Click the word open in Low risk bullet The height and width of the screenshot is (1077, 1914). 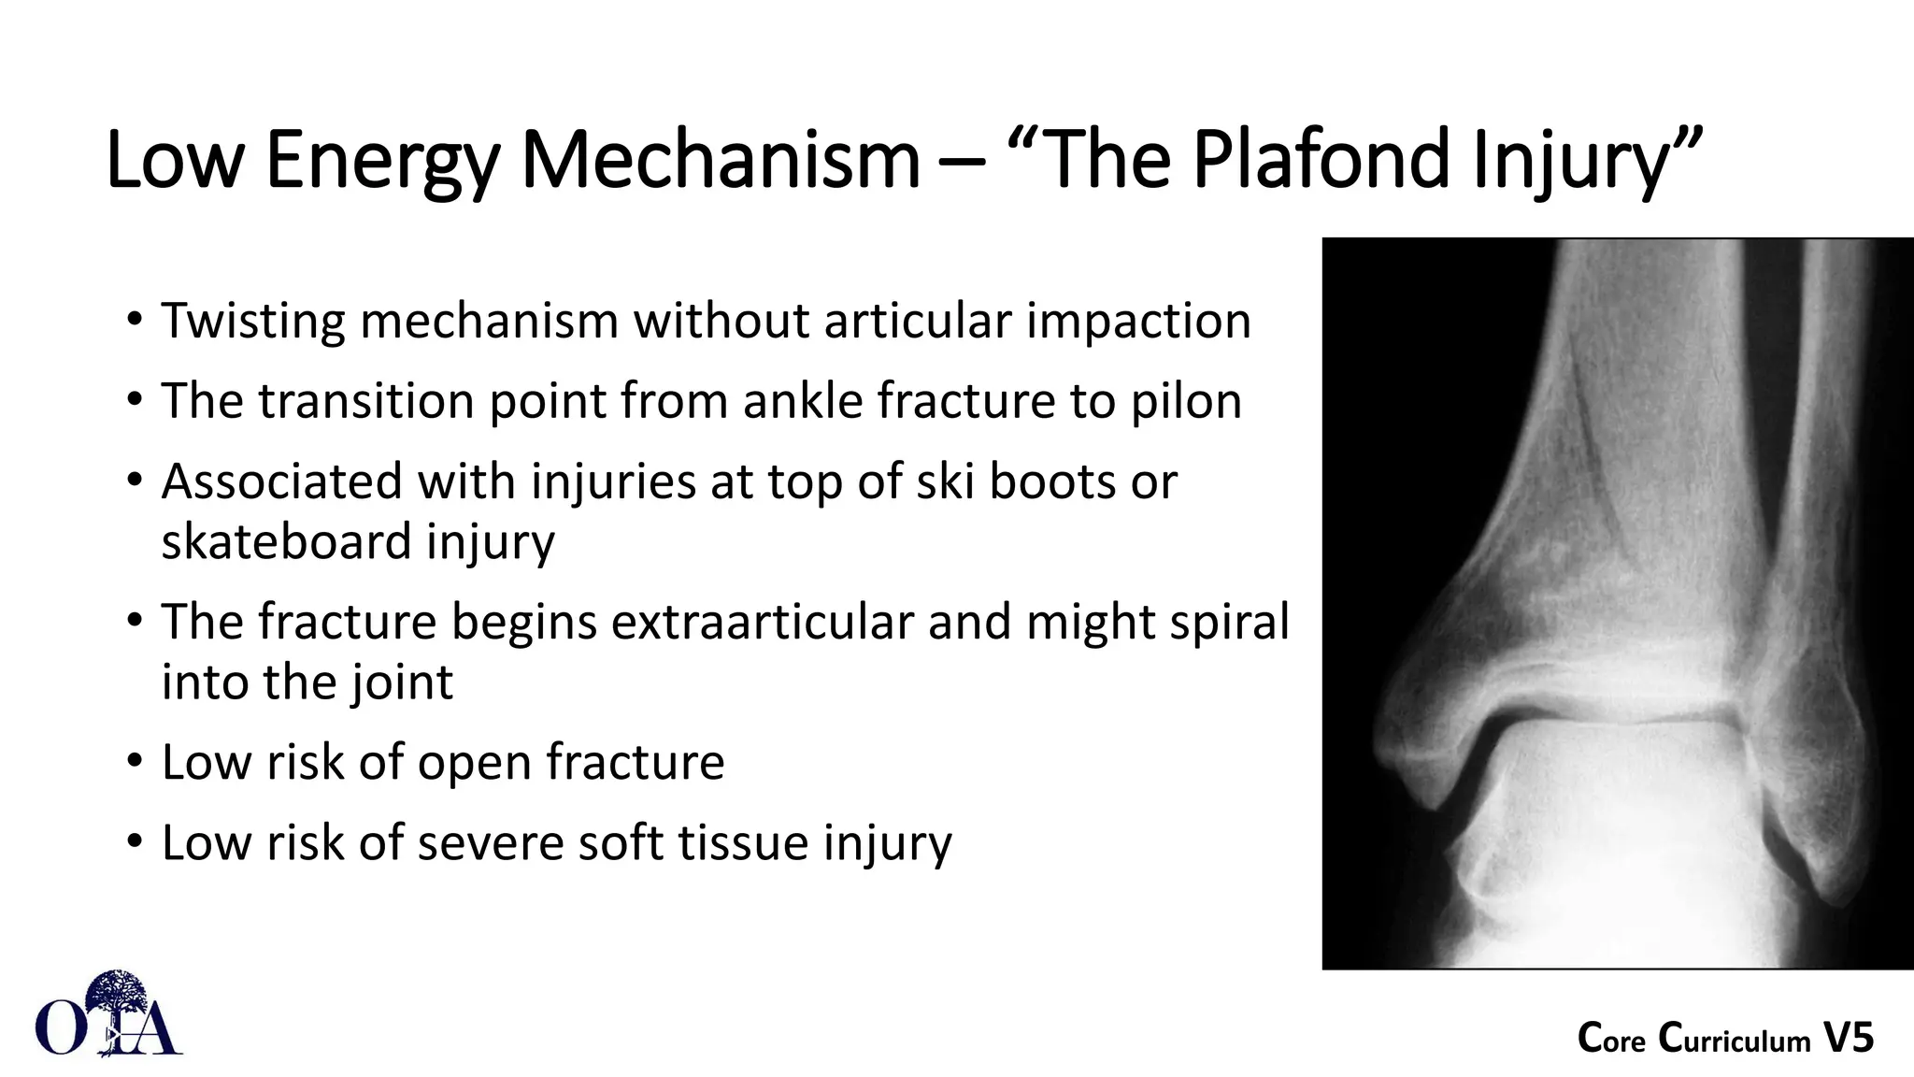[x=474, y=762]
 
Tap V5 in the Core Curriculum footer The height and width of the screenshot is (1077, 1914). [x=1848, y=1039]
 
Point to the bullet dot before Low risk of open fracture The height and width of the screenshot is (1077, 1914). [x=136, y=761]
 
